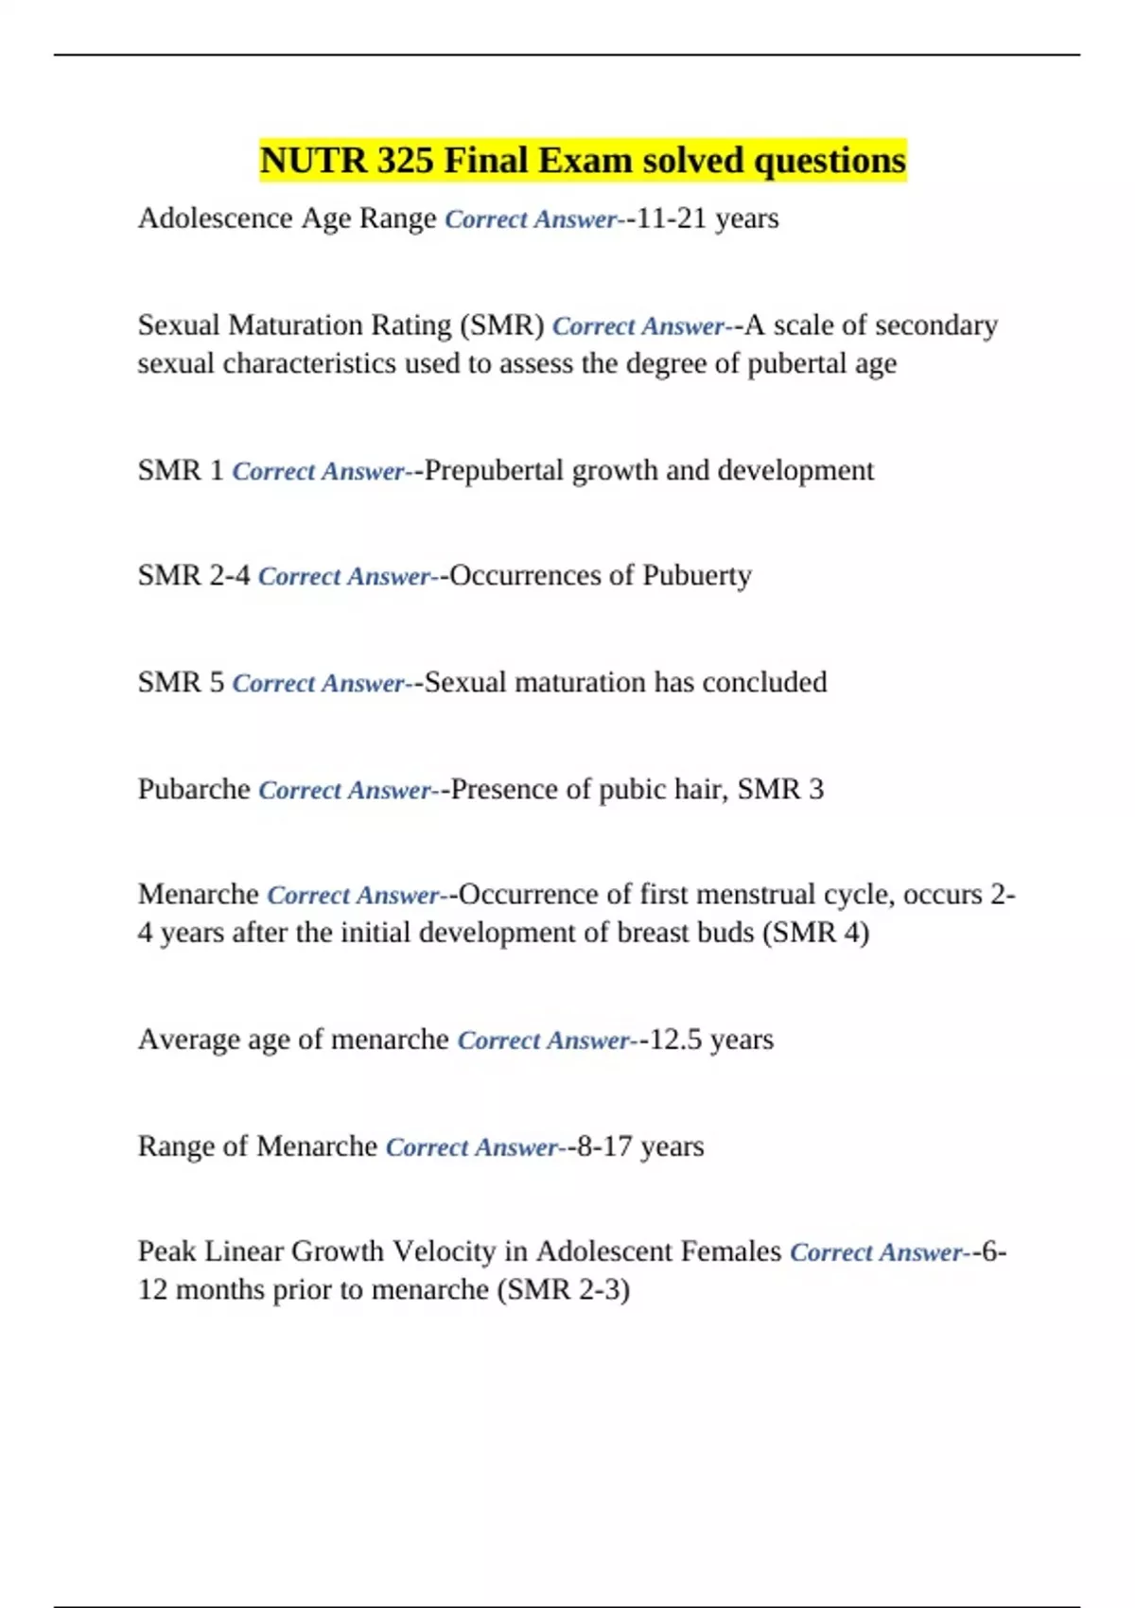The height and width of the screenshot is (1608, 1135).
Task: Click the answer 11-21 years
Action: (707, 218)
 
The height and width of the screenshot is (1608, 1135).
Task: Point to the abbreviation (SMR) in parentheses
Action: (501, 325)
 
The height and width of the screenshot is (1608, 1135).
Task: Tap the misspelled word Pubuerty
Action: (696, 576)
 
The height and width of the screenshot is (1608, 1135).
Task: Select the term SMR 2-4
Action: (194, 576)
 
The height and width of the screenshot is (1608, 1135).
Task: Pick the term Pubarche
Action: (194, 789)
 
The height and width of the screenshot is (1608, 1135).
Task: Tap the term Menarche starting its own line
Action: (198, 895)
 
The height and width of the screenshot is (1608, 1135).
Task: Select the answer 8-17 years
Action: (640, 1146)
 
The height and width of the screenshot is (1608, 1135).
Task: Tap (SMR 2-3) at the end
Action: (563, 1289)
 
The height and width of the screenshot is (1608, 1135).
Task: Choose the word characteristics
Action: (309, 363)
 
